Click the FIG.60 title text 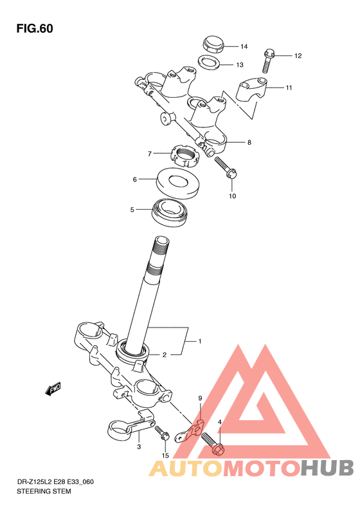pos(35,28)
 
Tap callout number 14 pos(244,47)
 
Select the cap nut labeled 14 pos(213,44)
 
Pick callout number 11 pos(289,88)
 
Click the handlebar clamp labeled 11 pos(251,89)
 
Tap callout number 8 pos(249,142)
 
